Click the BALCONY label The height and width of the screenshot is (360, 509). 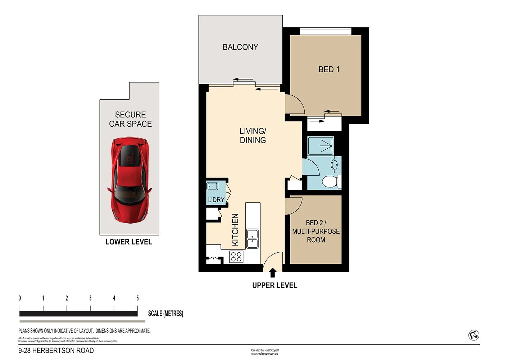[x=240, y=47]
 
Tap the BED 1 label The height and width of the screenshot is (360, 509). [x=329, y=69]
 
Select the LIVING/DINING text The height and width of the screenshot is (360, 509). [x=253, y=136]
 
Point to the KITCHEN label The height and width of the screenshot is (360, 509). [x=235, y=230]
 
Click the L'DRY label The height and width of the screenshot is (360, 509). [x=216, y=200]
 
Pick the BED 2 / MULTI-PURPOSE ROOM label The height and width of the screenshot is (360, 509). [x=316, y=231]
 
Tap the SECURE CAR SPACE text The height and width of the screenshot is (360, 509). [x=130, y=119]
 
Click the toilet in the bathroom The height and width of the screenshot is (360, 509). [x=331, y=181]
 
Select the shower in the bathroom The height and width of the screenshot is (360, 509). [x=321, y=146]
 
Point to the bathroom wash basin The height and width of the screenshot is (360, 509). [x=335, y=165]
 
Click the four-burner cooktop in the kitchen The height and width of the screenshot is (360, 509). [x=236, y=257]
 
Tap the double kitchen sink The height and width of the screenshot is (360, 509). [x=252, y=239]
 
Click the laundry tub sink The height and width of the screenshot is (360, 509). [x=212, y=186]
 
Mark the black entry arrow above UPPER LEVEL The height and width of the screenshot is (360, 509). [x=273, y=273]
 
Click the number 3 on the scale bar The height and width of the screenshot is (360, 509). [x=90, y=298]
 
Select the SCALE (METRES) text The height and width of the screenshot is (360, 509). [x=165, y=314]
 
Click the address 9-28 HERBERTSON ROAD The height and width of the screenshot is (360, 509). [x=56, y=351]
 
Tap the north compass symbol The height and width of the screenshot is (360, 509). [x=474, y=336]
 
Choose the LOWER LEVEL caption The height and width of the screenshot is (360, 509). [x=129, y=242]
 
